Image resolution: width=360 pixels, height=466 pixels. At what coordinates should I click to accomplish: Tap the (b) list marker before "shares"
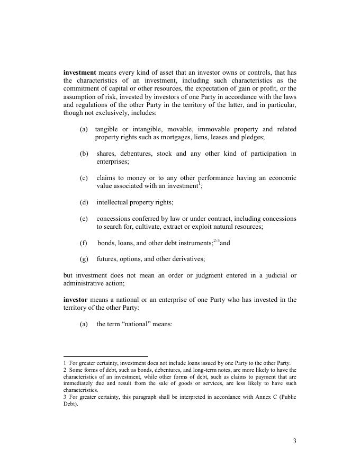coord(84,154)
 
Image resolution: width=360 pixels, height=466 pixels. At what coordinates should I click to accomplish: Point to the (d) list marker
coord(84,202)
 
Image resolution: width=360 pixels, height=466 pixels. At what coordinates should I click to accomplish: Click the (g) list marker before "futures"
coord(84,259)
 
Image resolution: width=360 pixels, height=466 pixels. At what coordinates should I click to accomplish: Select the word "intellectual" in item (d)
coord(113,202)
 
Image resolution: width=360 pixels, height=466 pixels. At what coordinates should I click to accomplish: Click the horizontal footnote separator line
coord(105,356)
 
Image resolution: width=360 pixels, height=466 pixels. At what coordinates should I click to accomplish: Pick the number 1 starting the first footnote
coord(65,363)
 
